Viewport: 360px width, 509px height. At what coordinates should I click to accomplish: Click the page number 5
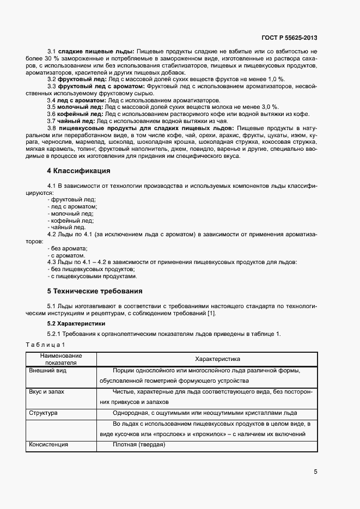315,471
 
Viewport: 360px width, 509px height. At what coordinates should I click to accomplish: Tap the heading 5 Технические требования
95,291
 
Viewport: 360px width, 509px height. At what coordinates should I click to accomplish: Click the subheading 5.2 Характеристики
76,323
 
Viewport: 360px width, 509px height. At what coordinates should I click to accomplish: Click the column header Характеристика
206,359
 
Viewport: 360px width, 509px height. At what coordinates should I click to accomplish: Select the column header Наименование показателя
61,359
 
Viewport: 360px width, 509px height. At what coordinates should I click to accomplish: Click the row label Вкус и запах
46,392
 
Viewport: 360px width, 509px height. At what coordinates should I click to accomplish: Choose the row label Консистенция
48,444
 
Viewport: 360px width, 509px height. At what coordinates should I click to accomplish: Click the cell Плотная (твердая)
139,444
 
